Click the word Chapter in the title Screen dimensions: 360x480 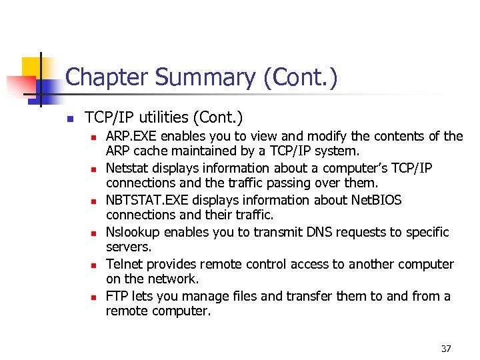[107, 78]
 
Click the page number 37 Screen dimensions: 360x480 [447, 349]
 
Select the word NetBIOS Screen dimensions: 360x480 [377, 201]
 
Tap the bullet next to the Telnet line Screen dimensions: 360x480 [93, 265]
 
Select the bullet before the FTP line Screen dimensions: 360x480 [93, 297]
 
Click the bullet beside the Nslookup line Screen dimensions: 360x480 [93, 233]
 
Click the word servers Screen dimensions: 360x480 [127, 247]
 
